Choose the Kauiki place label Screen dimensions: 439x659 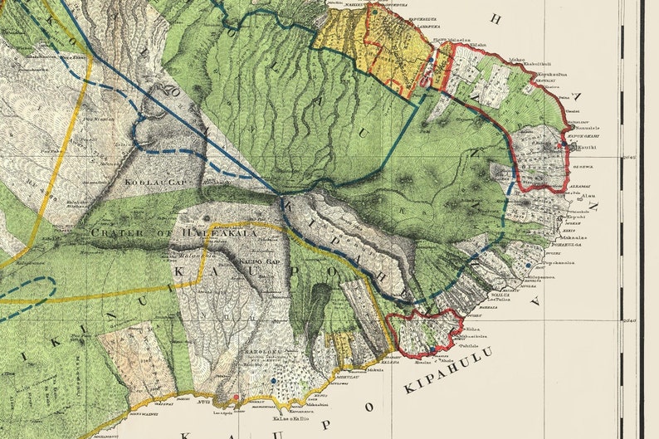coord(587,147)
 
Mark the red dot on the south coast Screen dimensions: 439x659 coord(236,398)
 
